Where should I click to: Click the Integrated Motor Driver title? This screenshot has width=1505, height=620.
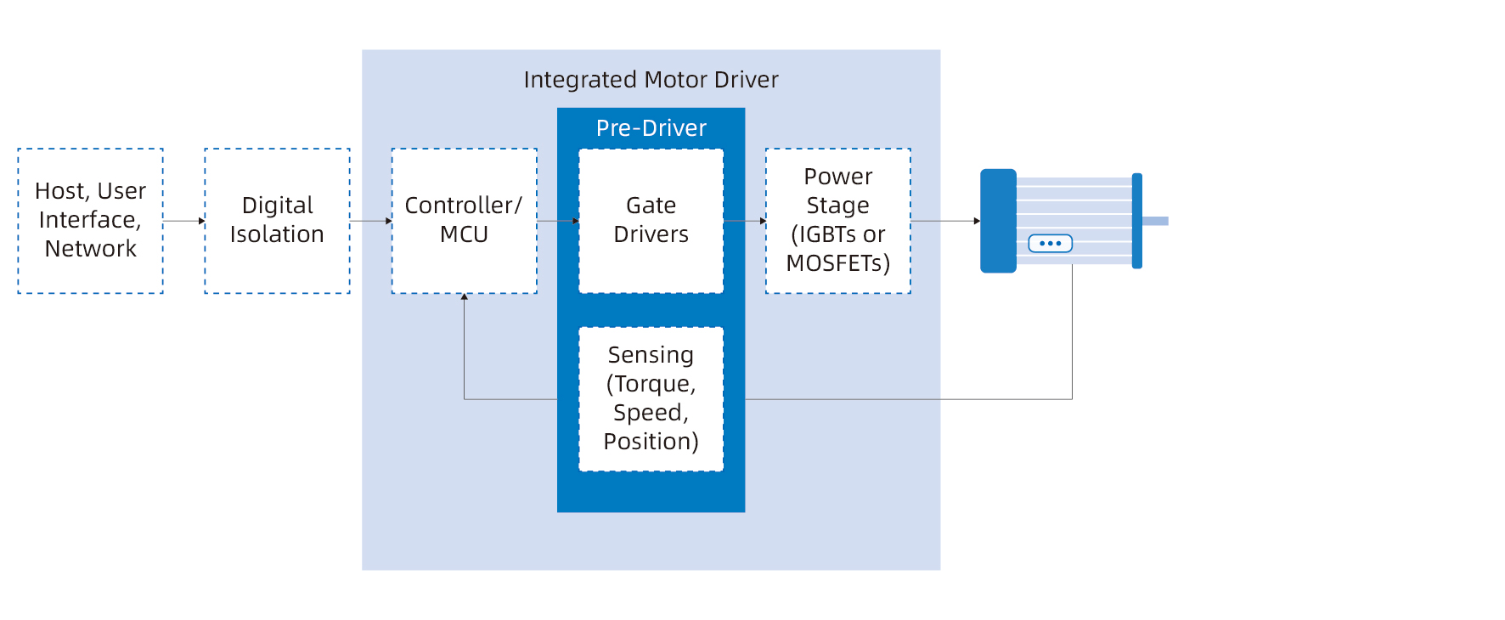(651, 80)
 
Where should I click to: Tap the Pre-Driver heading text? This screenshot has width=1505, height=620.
(651, 128)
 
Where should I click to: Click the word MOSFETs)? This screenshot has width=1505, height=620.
(837, 263)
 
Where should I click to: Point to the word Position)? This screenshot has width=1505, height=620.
(651, 442)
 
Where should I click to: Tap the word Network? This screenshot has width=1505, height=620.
(90, 249)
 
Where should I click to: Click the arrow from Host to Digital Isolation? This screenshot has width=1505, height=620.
(183, 221)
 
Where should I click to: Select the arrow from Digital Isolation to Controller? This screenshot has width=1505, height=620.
(370, 221)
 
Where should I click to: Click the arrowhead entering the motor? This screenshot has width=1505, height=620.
(976, 221)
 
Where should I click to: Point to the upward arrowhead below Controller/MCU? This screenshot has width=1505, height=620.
(464, 297)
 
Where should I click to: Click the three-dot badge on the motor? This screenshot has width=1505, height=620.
(1050, 244)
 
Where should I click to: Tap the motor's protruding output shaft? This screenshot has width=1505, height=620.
(1155, 221)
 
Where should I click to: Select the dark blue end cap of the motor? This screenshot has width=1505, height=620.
(998, 221)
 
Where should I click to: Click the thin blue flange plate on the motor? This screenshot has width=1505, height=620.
(1136, 221)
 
